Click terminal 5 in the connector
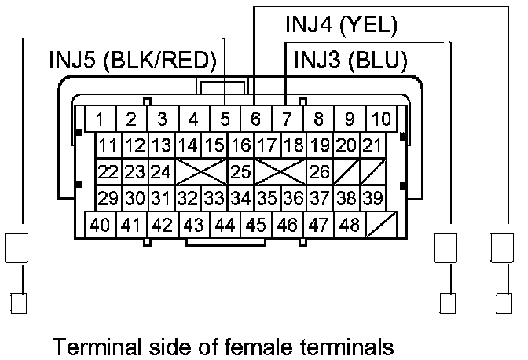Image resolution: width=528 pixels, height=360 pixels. click(225, 120)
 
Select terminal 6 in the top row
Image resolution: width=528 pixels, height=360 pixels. click(255, 120)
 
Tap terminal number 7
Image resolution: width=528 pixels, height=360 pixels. click(286, 120)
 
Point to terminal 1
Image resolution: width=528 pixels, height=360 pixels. click(101, 120)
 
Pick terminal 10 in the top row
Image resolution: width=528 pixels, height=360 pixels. click(382, 120)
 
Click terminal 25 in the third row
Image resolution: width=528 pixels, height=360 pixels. click(241, 171)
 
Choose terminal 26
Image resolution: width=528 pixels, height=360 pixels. click(318, 171)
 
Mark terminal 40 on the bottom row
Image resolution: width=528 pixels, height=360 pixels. click(100, 225)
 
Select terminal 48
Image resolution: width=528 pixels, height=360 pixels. click(350, 225)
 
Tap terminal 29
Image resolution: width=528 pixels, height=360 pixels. click(108, 197)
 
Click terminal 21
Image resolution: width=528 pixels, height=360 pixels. click(372, 145)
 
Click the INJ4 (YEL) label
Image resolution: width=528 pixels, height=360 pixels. click(341, 24)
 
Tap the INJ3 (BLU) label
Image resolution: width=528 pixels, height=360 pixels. click(350, 60)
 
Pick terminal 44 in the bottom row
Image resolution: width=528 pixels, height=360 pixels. click(225, 225)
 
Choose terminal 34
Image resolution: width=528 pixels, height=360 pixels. click(241, 197)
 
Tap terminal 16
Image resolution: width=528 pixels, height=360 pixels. click(241, 145)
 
